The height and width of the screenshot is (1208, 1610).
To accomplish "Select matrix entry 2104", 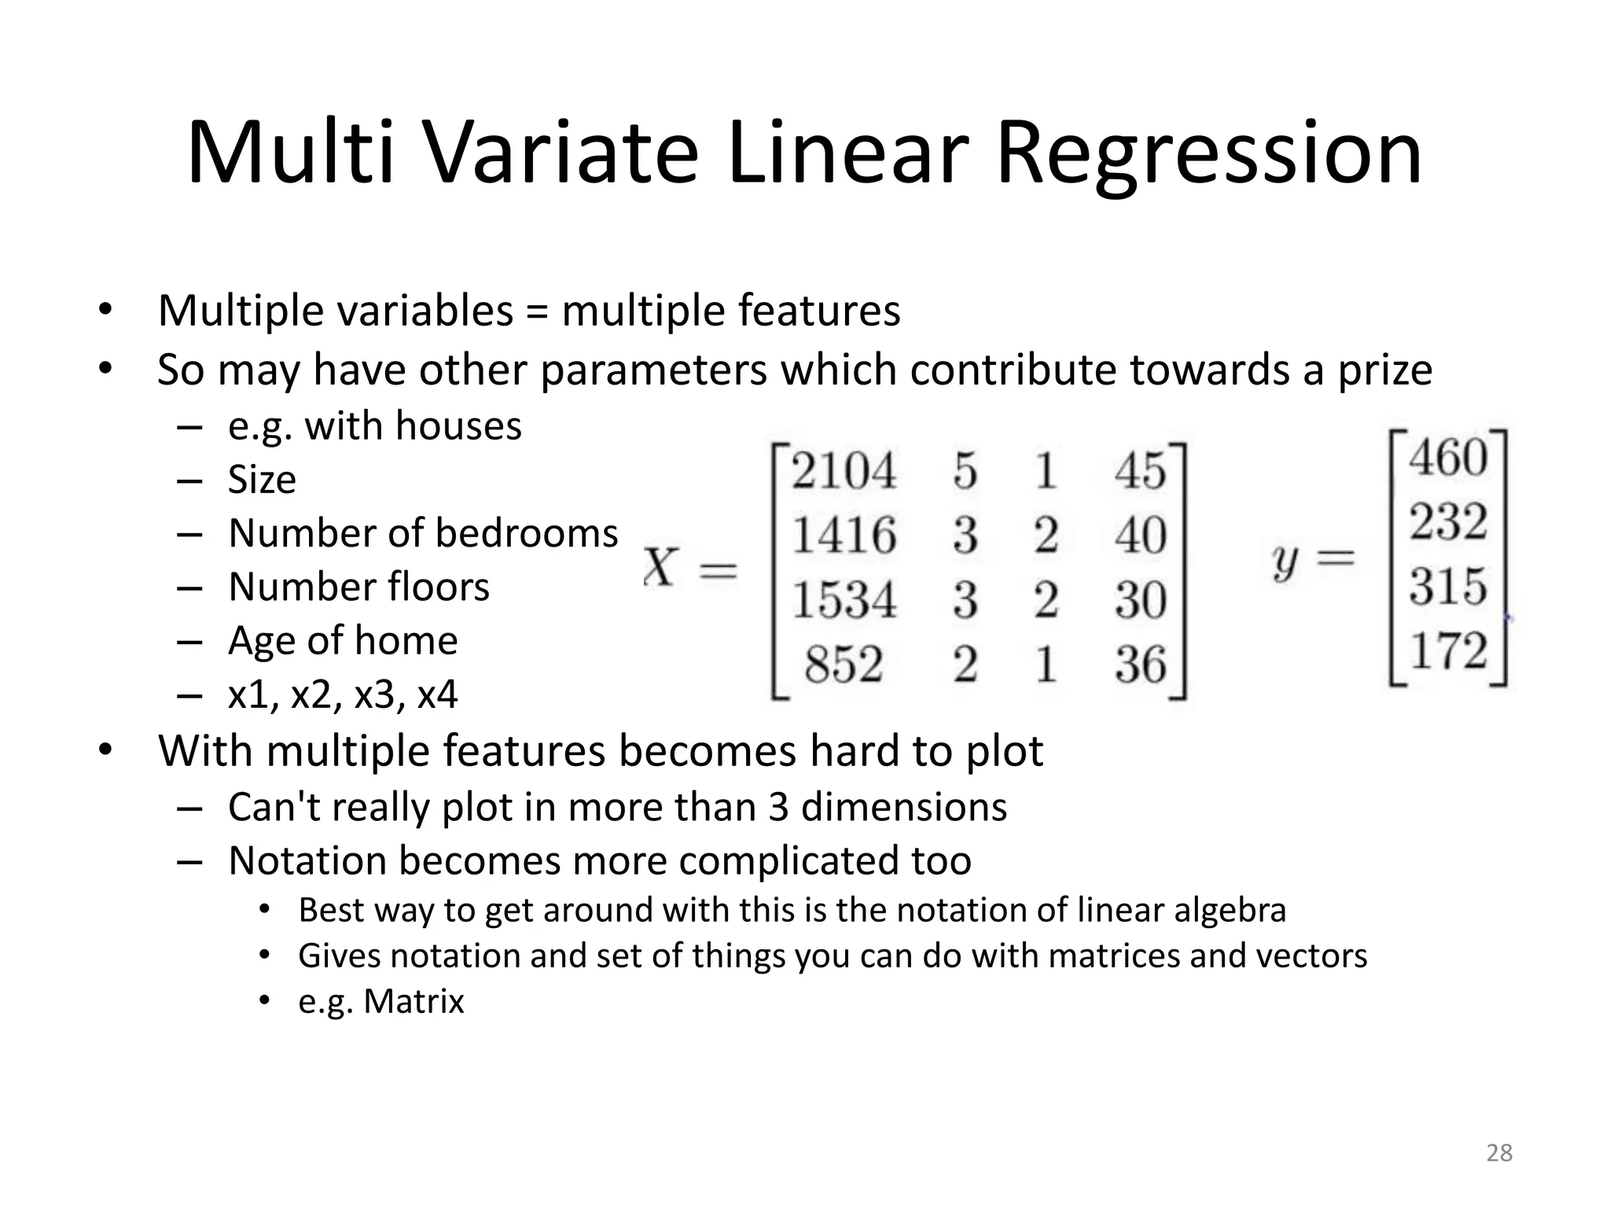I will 844,472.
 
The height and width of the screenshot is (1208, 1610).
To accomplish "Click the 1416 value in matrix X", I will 844,536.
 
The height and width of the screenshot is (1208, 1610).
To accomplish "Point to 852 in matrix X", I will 844,665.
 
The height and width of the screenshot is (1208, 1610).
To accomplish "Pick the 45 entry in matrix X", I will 1140,472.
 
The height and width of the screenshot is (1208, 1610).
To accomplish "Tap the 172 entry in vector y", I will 1448,651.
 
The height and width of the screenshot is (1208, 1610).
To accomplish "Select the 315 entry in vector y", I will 1448,587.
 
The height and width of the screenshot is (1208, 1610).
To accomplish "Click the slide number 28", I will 1499,1153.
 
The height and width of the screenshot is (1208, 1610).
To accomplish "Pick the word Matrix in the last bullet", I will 414,1002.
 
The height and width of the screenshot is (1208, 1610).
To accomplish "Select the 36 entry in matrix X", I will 1140,665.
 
